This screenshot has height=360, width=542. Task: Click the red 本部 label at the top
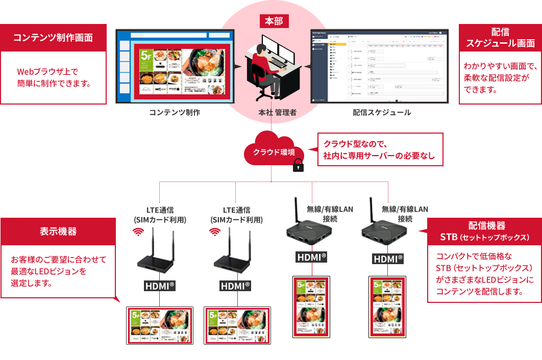point(274,21)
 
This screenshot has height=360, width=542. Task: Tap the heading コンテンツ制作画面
point(53,38)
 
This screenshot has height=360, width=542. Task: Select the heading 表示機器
point(58,232)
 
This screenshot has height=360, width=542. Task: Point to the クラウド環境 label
point(274,152)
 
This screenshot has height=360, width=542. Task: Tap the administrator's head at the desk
point(261,49)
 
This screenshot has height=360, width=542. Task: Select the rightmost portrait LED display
point(387,307)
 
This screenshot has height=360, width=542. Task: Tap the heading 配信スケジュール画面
point(500,38)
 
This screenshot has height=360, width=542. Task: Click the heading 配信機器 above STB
point(486,225)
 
